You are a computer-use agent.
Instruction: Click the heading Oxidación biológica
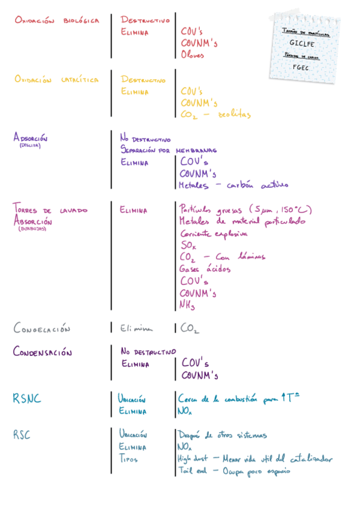tap(57, 20)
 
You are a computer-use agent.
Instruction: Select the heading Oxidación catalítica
tap(56, 80)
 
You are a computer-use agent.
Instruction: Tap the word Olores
tap(193, 55)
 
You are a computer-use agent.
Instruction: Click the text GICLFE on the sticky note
tap(301, 43)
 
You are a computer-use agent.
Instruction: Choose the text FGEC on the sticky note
tap(301, 67)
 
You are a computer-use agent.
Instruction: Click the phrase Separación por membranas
tap(168, 150)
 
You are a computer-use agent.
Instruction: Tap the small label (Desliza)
tap(29, 145)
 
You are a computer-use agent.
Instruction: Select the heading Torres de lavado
tap(50, 211)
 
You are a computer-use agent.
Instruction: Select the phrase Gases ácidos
tap(205, 269)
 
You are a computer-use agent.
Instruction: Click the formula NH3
tap(187, 305)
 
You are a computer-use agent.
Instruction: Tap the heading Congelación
tap(42, 329)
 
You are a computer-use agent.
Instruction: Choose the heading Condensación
tap(43, 352)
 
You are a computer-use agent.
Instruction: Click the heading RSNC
tap(27, 399)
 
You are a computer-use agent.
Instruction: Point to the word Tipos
tap(129, 459)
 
